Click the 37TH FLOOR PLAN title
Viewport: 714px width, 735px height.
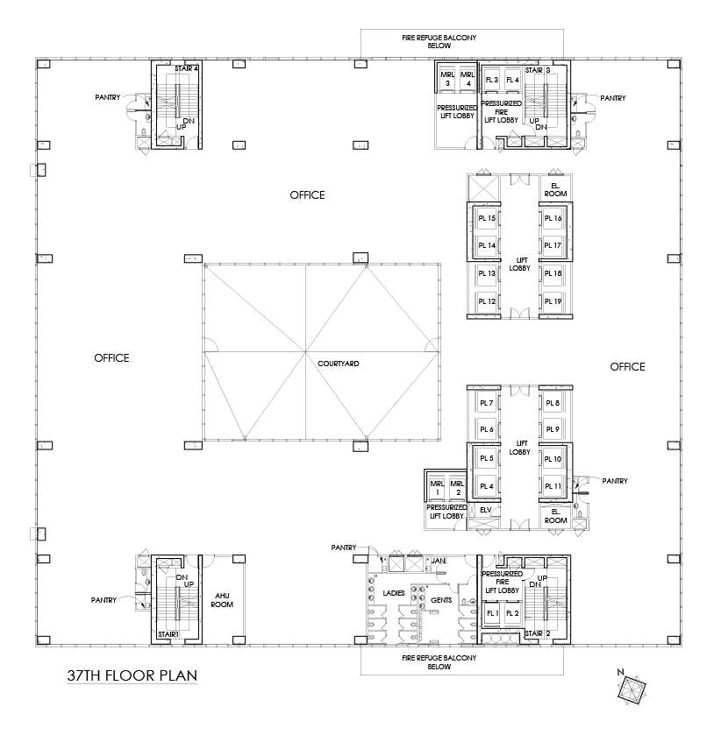pyautogui.click(x=132, y=676)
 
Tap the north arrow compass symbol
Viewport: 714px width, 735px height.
pyautogui.click(x=630, y=689)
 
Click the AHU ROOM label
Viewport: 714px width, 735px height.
pyautogui.click(x=223, y=599)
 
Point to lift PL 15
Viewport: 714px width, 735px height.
pyautogui.click(x=487, y=218)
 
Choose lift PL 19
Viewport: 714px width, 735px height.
pyautogui.click(x=552, y=301)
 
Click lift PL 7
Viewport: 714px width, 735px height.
pyautogui.click(x=487, y=403)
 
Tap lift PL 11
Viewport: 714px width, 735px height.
pyautogui.click(x=552, y=486)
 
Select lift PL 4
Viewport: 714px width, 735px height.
pyautogui.click(x=487, y=486)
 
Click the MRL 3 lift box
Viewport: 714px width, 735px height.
pyautogui.click(x=447, y=79)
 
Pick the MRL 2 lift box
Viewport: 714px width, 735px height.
pyautogui.click(x=456, y=488)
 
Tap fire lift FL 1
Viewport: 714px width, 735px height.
pyautogui.click(x=491, y=613)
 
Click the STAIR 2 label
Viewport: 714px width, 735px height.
pyautogui.click(x=537, y=632)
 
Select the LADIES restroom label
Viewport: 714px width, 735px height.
pyautogui.click(x=392, y=593)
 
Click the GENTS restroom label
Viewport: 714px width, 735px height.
pyautogui.click(x=441, y=600)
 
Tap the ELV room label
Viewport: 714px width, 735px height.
pyautogui.click(x=485, y=509)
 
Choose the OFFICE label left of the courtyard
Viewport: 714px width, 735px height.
pyautogui.click(x=111, y=357)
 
